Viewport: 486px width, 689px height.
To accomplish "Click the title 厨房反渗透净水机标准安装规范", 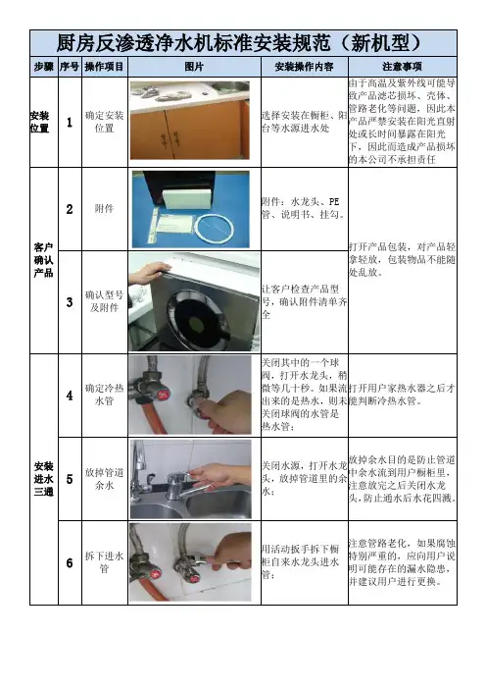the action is [x=194, y=43].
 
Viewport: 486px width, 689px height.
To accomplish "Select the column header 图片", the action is [x=194, y=67].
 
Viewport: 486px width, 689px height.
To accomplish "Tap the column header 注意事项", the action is [x=402, y=67].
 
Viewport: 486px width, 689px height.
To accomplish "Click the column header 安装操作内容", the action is [x=305, y=67].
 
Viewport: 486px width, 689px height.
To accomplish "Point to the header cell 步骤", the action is [x=44, y=67].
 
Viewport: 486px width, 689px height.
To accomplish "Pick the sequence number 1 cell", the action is [x=70, y=122].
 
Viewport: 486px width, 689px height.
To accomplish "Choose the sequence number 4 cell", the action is [x=70, y=396].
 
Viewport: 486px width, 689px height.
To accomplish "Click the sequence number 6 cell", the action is [x=70, y=563].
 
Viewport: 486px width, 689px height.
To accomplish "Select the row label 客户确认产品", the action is [x=43, y=260].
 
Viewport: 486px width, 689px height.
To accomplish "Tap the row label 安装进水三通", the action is [x=43, y=479].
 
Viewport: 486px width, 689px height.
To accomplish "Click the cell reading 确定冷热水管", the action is [x=105, y=395].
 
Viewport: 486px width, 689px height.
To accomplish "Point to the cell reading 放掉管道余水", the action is [x=105, y=479].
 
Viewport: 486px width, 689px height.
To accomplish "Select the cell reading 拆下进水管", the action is [x=105, y=562].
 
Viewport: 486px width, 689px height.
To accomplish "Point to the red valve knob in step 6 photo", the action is [x=156, y=575].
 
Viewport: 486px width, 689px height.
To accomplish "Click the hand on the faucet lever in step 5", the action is [x=219, y=475].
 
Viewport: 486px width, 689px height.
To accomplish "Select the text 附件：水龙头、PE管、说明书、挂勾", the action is [x=304, y=208].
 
